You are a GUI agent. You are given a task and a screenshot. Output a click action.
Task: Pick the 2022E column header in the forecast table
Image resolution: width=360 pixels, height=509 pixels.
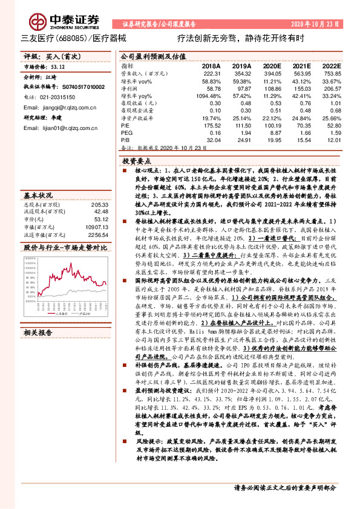click(330, 65)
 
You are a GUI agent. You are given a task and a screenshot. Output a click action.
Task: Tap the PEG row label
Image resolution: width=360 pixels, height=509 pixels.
click(127, 131)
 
